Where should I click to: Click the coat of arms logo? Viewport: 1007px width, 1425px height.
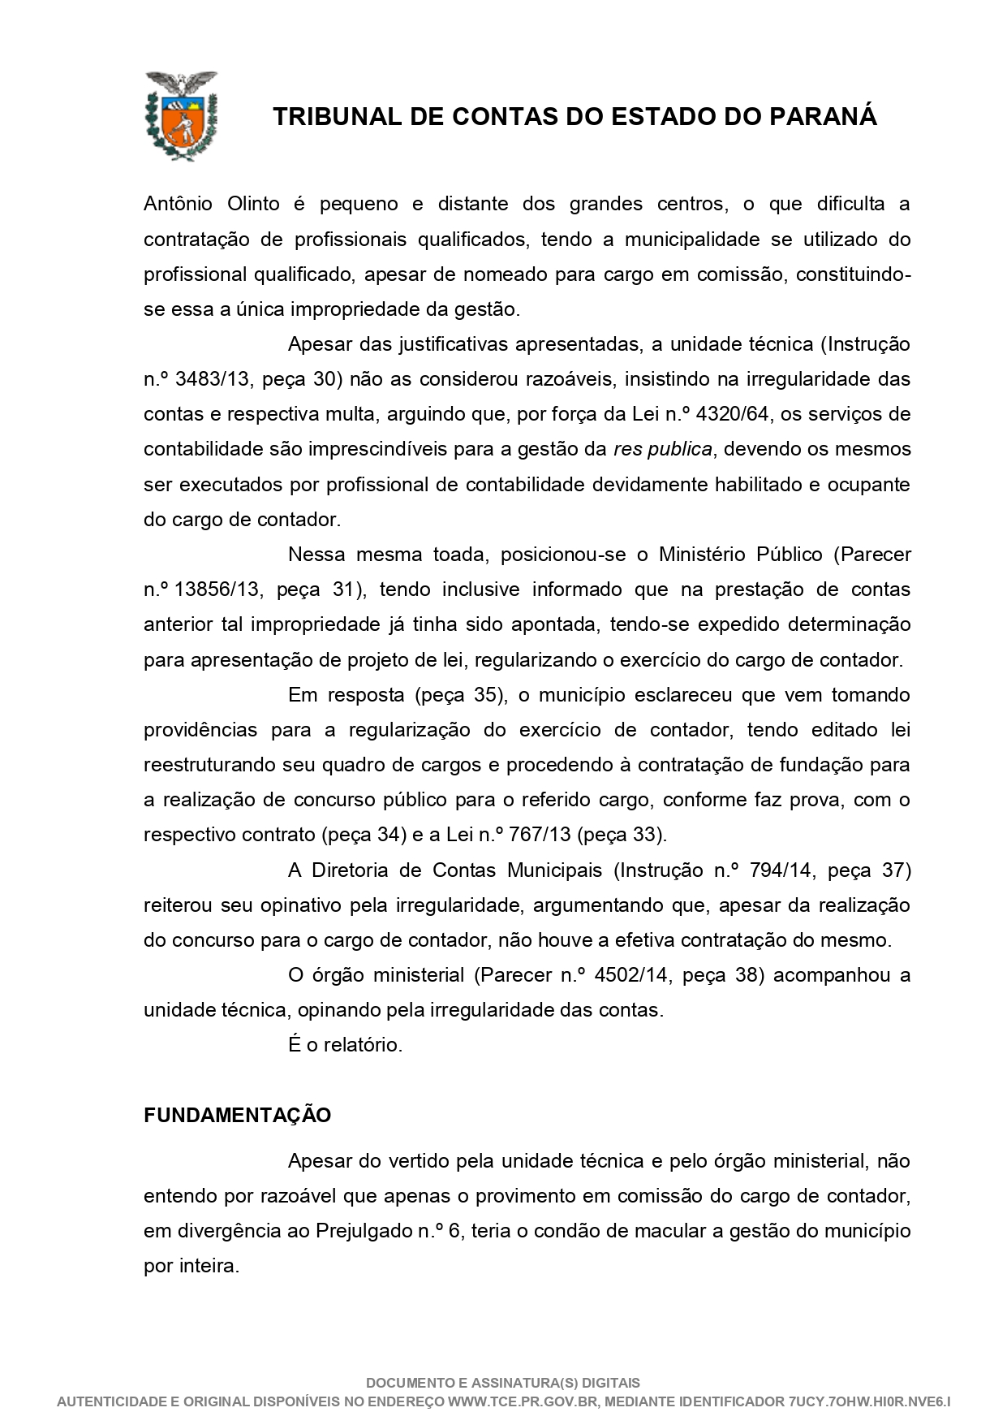point(181,116)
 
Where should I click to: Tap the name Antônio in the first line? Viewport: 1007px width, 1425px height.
point(176,205)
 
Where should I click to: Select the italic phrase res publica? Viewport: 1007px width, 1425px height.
point(663,449)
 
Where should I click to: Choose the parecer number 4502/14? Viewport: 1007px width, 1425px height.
point(631,975)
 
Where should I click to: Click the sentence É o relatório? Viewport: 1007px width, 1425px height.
point(345,1045)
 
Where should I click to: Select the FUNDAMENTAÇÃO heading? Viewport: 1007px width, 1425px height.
point(237,1116)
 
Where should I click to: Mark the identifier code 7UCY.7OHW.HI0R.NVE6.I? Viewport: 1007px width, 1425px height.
point(868,1401)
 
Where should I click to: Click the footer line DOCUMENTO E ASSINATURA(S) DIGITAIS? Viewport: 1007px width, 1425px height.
point(503,1383)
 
